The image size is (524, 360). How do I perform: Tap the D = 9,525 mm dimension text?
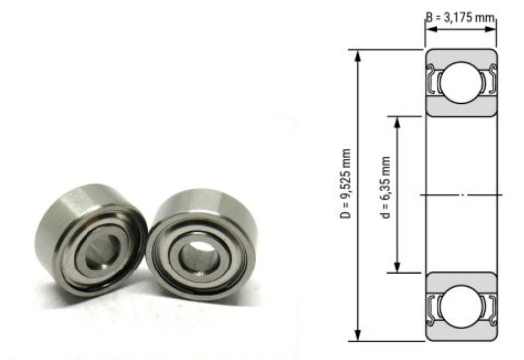(345, 184)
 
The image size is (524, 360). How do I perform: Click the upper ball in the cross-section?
(461, 83)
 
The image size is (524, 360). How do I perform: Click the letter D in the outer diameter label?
(345, 216)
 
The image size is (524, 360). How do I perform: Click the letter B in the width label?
(430, 17)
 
